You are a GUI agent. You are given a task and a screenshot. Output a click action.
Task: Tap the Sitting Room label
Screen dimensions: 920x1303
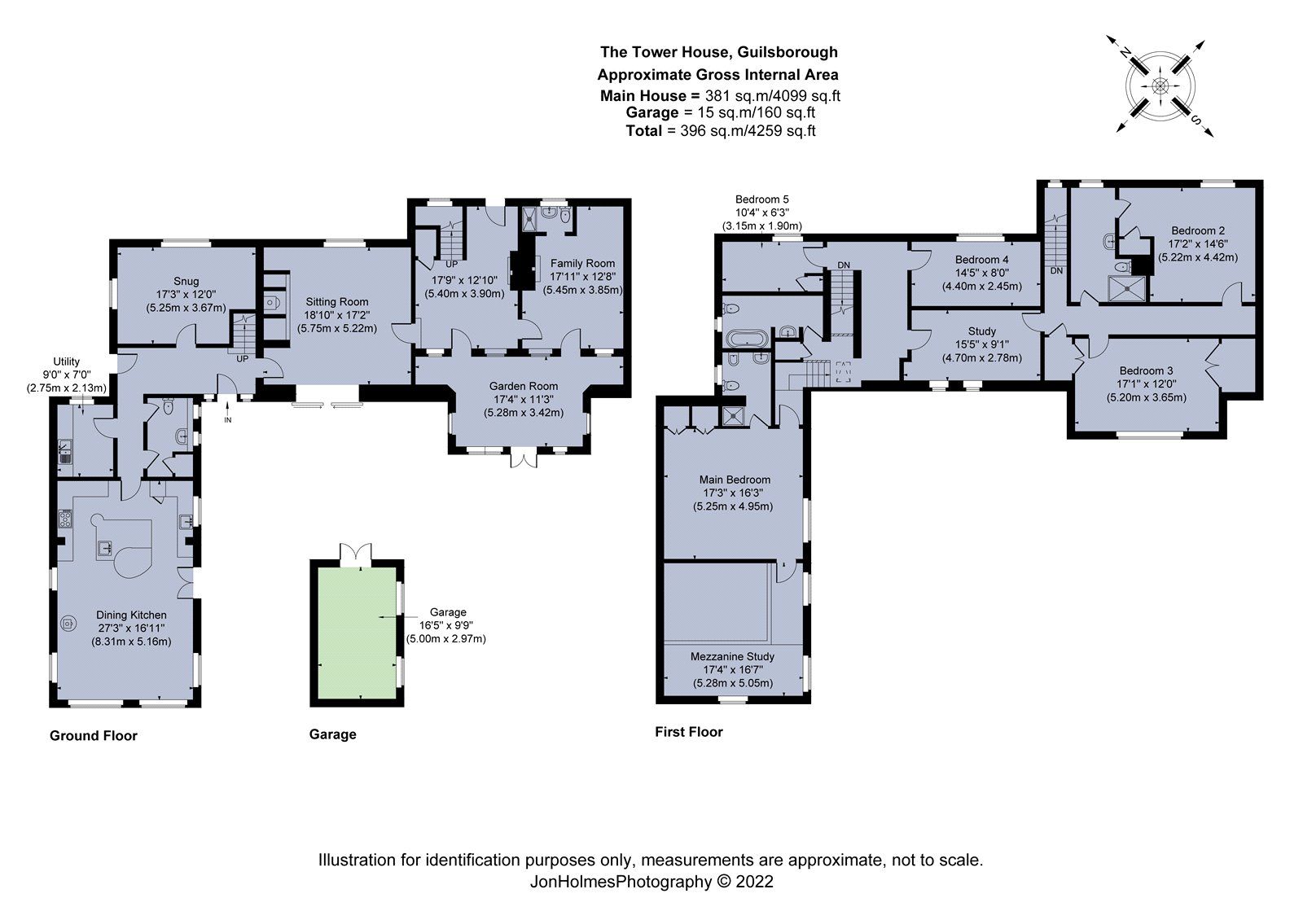click(x=336, y=301)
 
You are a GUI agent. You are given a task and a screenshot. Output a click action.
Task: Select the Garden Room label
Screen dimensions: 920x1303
click(x=523, y=386)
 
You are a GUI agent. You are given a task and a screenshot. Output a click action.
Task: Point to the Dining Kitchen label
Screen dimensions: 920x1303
click(x=131, y=615)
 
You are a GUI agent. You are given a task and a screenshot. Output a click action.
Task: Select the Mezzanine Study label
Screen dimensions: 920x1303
click(x=732, y=656)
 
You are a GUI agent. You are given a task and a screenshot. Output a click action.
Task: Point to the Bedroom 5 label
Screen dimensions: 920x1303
click(x=761, y=199)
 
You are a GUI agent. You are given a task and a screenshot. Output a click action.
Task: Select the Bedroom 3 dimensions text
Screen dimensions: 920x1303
click(x=1146, y=397)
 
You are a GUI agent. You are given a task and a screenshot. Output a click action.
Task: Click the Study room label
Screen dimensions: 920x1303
click(x=981, y=331)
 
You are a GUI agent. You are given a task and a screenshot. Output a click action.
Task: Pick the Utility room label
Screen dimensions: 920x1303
click(x=66, y=361)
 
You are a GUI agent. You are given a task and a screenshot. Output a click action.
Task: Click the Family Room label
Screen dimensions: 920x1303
click(x=582, y=263)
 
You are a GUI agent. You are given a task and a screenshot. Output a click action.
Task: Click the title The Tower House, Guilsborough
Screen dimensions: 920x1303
click(x=718, y=52)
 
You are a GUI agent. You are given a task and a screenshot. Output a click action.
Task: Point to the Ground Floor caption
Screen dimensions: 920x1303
click(x=94, y=735)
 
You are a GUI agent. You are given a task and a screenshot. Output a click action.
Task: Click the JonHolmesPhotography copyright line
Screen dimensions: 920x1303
click(x=651, y=881)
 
